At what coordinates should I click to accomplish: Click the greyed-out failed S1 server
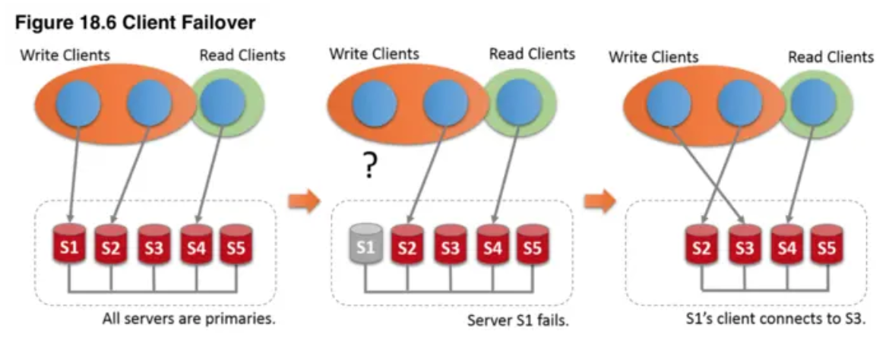coord(366,246)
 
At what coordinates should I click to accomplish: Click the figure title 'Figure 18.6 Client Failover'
coord(134,24)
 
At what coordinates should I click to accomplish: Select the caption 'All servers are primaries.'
coord(188,318)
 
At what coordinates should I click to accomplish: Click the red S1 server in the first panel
coord(70,246)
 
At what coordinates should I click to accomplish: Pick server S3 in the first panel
coord(154,246)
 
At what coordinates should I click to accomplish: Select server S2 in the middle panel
coord(409,246)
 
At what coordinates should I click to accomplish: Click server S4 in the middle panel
coord(492,246)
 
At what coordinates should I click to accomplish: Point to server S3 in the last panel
coord(745,246)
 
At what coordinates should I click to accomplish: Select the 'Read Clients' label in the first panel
coord(242,55)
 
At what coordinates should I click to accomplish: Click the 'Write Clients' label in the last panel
coord(653,57)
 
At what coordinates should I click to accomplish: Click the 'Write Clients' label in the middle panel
coord(374,54)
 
